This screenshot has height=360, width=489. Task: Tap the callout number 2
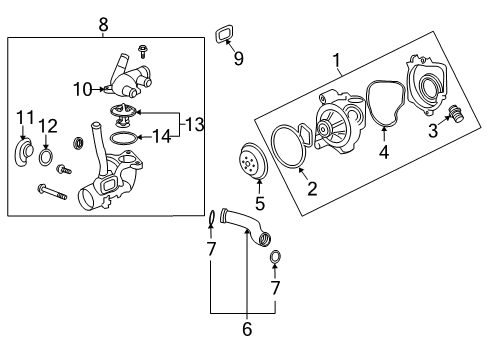(x=311, y=187)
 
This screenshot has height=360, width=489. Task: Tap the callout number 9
(x=238, y=59)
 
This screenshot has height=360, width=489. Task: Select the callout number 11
(x=24, y=121)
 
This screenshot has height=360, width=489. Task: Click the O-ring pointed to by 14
(x=121, y=136)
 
